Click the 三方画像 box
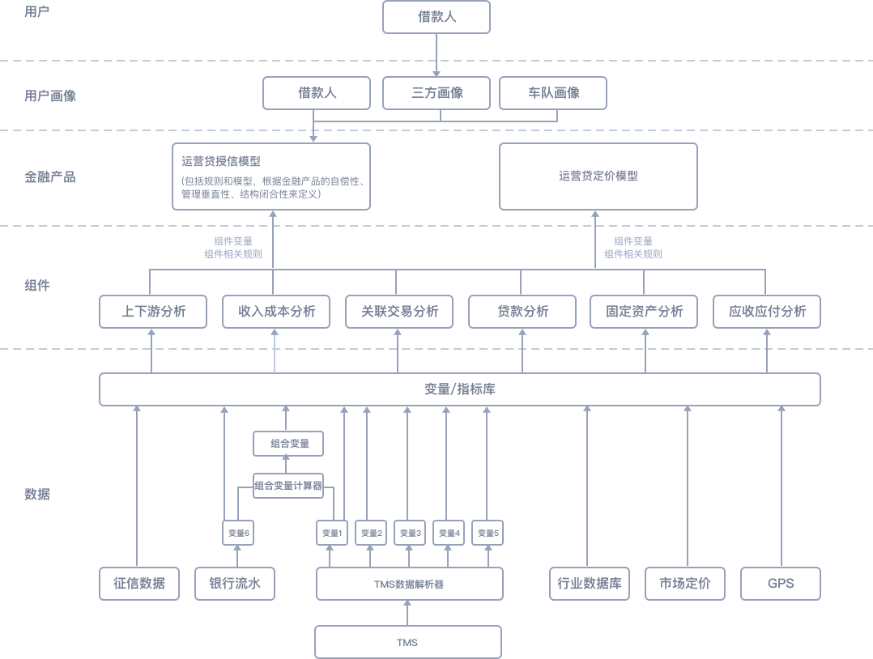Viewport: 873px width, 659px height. pyautogui.click(x=436, y=93)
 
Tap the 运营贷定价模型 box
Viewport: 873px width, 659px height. pyautogui.click(x=598, y=176)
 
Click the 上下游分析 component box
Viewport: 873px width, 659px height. pyautogui.click(x=152, y=312)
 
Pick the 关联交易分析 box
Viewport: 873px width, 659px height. pyautogui.click(x=397, y=312)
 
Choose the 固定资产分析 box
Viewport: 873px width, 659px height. pyautogui.click(x=644, y=312)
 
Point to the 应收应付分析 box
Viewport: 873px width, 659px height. pyautogui.click(x=766, y=312)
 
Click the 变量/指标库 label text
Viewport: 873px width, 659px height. pyautogui.click(x=460, y=389)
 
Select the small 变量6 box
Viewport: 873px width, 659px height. pyautogui.click(x=237, y=533)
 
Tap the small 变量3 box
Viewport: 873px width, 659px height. pyautogui.click(x=409, y=533)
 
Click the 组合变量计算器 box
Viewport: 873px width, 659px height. pyautogui.click(x=287, y=486)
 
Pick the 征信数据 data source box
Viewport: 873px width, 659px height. pyautogui.click(x=138, y=584)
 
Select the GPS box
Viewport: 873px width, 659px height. pyautogui.click(x=781, y=584)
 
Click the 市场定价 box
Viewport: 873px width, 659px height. pyautogui.click(x=685, y=584)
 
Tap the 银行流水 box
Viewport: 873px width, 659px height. pyautogui.click(x=236, y=584)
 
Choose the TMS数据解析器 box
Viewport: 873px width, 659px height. pyautogui.click(x=409, y=584)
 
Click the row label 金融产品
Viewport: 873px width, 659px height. pyautogui.click(x=49, y=176)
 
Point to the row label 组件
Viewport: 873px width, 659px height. pyautogui.click(x=37, y=285)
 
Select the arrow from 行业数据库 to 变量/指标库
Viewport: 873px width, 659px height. pyautogui.click(x=587, y=486)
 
